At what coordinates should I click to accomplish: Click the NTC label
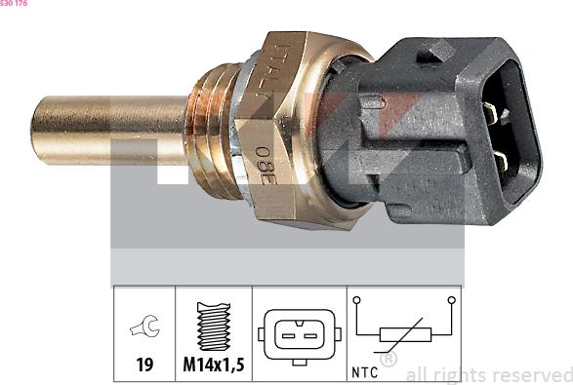362,372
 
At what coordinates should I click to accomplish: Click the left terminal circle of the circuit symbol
356,301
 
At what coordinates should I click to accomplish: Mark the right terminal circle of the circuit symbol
451,301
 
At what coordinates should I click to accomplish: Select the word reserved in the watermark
532,374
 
